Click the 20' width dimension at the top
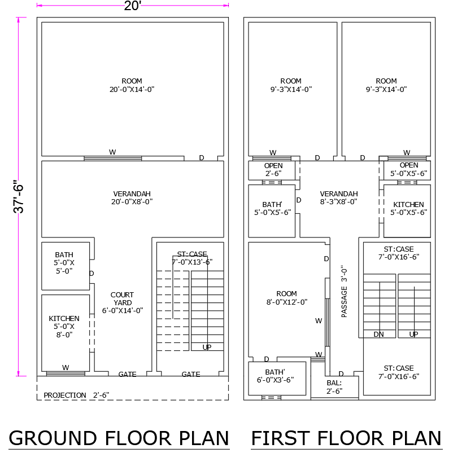132,6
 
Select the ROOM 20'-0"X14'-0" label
132,85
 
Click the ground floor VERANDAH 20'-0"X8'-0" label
132,197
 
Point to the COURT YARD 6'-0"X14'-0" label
122,302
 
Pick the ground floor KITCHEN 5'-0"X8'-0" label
64,326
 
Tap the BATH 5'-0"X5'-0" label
64,263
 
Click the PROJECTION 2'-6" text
76,395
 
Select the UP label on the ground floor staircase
207,347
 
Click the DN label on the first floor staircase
379,335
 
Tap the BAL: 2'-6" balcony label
334,387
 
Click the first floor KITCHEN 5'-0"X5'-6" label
408,209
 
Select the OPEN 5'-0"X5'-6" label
408,169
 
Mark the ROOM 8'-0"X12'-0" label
286,298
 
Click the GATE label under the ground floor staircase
191,374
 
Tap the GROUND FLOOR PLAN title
119,438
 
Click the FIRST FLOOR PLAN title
346,438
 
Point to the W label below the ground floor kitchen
66,368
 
